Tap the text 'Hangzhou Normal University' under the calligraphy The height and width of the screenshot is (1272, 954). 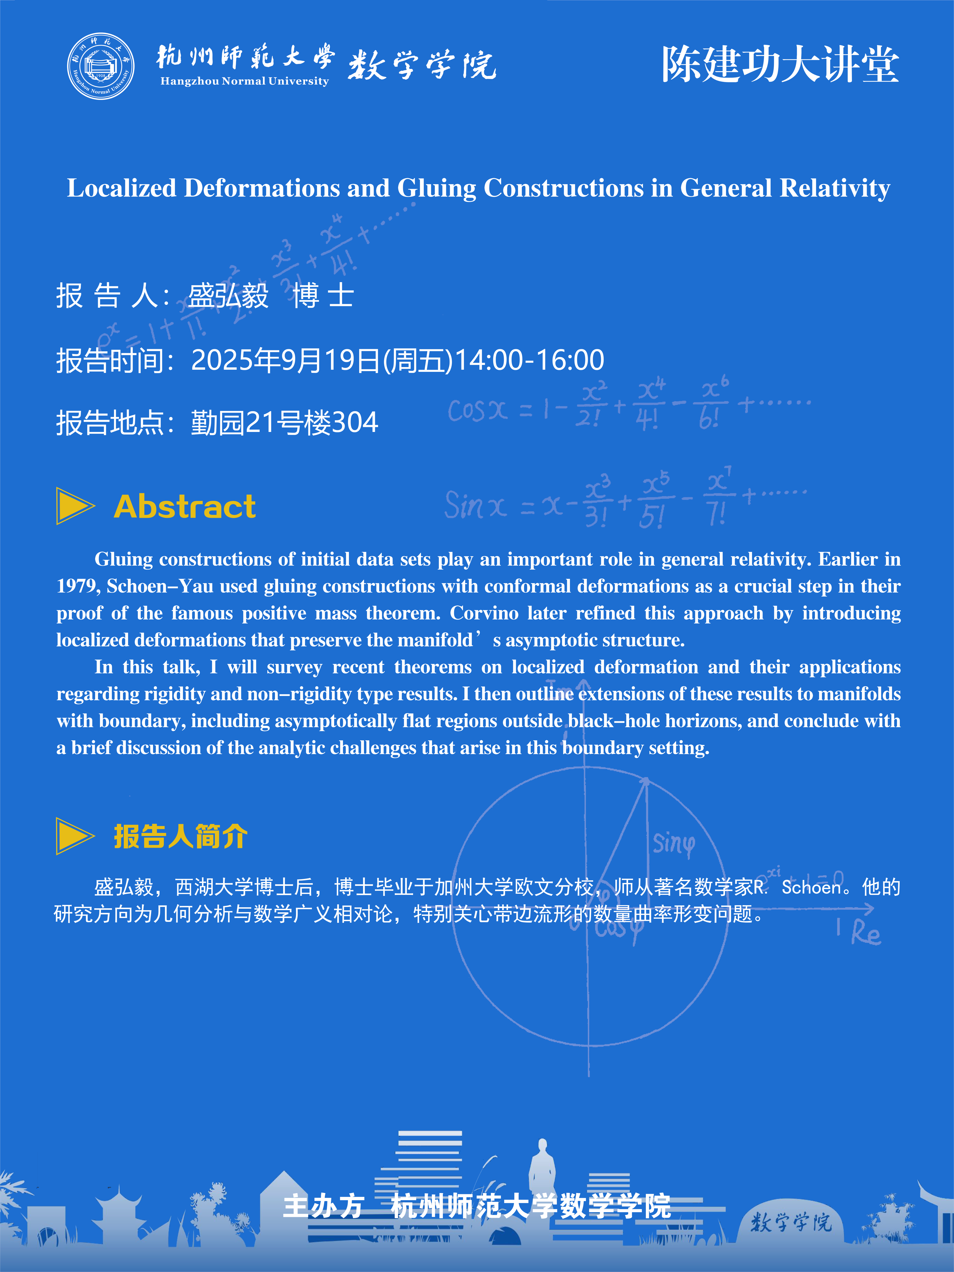[244, 81]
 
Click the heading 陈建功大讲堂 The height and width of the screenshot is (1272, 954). [780, 64]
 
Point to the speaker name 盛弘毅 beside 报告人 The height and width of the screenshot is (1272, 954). [228, 296]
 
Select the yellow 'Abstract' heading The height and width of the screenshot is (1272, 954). [185, 507]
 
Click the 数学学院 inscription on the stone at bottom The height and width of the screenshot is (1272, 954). [791, 1222]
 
